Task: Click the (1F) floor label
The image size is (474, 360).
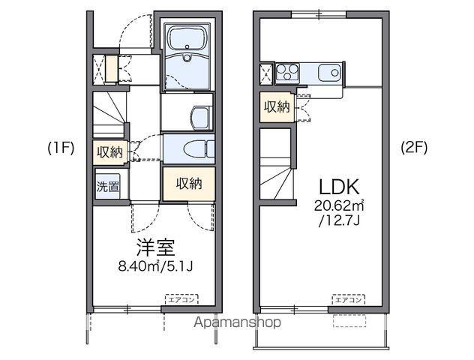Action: coord(61,148)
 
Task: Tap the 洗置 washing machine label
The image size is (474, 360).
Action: coord(107,187)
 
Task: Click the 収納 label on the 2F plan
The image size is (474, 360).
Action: coord(276,106)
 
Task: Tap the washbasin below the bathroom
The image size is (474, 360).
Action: coord(201,115)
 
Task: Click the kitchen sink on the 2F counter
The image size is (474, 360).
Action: coord(328,73)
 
